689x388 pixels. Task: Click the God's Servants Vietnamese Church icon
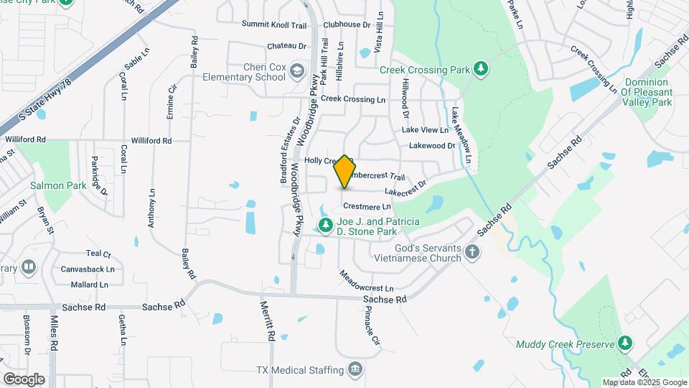coord(472,251)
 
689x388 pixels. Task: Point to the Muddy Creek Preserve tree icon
coord(626,343)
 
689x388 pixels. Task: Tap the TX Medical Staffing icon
coord(355,370)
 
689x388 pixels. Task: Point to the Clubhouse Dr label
coord(347,24)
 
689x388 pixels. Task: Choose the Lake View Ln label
coord(425,130)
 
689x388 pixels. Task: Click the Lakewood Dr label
coord(432,146)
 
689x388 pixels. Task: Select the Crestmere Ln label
coord(372,207)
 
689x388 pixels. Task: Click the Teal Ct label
coord(98,254)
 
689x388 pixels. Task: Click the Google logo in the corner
coord(24,379)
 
